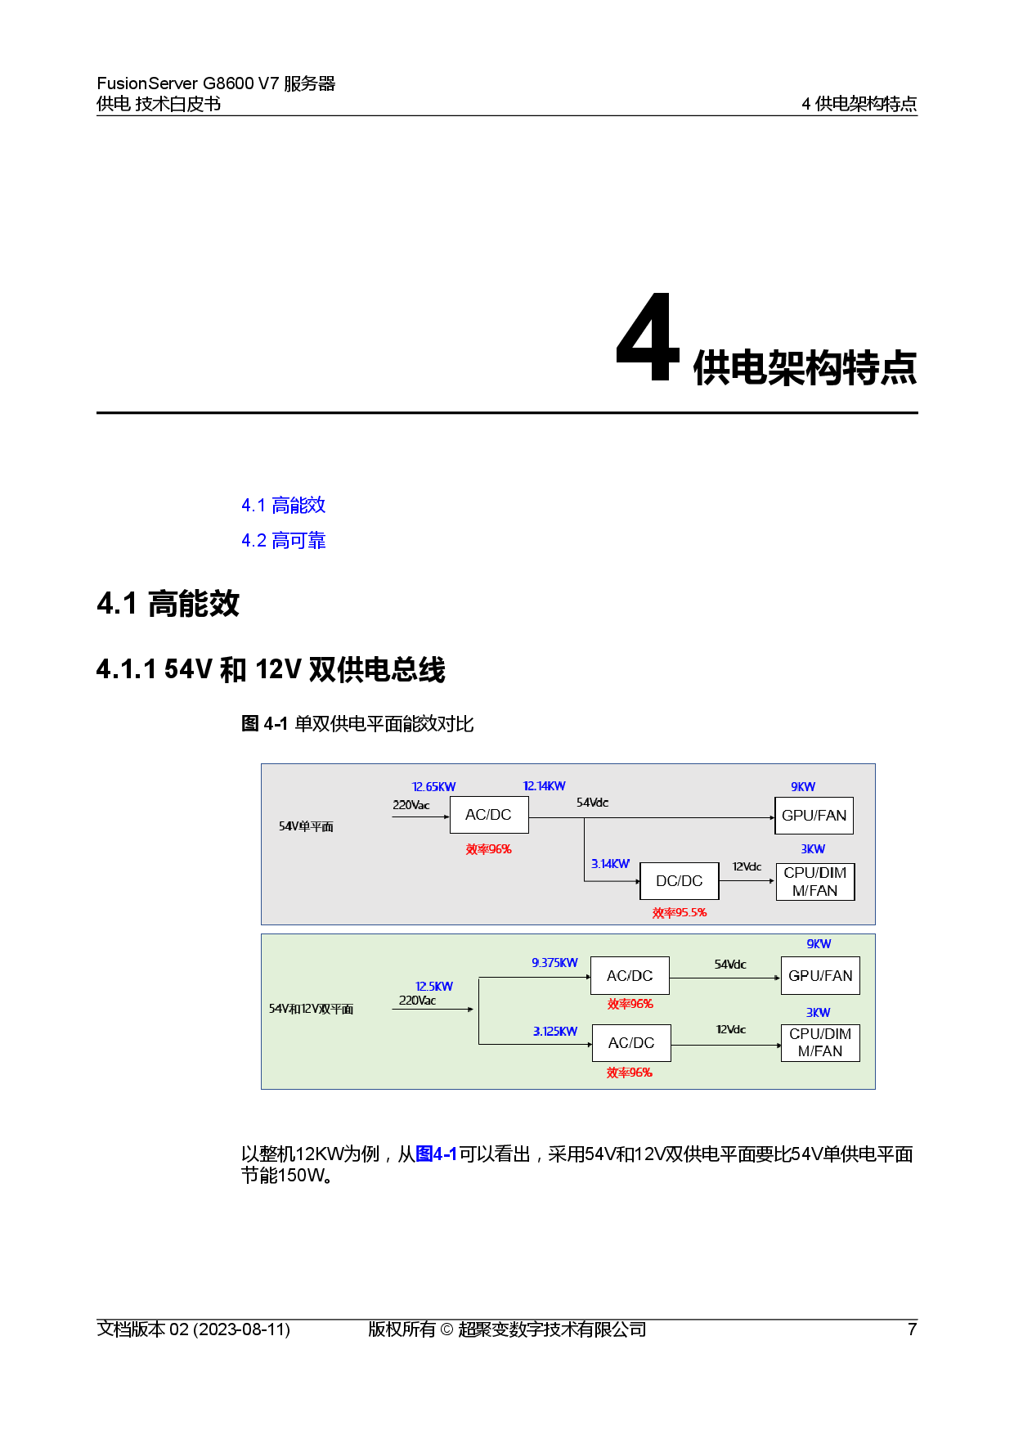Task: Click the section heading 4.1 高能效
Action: tap(283, 506)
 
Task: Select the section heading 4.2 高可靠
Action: tap(283, 541)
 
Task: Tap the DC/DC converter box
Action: tap(679, 881)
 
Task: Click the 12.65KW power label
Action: tap(433, 787)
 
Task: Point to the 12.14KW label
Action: tap(544, 786)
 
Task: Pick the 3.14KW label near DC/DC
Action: tap(610, 864)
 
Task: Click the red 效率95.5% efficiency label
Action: tap(679, 913)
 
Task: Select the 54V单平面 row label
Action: tap(306, 826)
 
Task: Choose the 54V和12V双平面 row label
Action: tap(311, 1009)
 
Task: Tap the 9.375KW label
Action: tap(554, 963)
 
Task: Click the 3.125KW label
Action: tap(554, 1032)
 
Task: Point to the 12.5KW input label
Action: tap(433, 987)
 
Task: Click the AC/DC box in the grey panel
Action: tap(489, 815)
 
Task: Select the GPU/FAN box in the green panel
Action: tap(820, 976)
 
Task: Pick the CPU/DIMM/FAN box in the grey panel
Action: tap(815, 882)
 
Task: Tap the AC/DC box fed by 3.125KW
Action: tap(631, 1043)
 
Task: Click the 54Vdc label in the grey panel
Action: tap(592, 803)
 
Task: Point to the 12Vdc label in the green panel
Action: tap(730, 1029)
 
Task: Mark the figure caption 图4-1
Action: tap(436, 1154)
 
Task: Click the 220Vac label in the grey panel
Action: tap(411, 805)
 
